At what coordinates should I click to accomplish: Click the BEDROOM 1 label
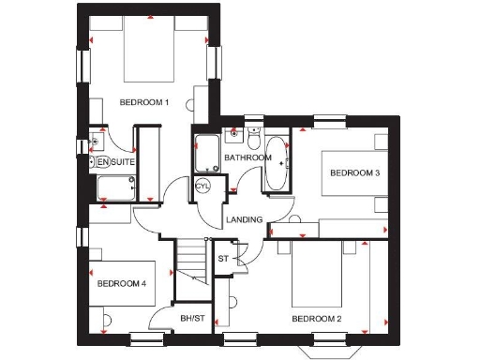tap(143, 102)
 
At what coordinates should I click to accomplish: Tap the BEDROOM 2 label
tap(316, 319)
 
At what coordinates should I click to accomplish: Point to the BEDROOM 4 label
tap(122, 283)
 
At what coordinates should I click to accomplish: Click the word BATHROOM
tap(247, 157)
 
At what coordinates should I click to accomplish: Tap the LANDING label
tap(243, 220)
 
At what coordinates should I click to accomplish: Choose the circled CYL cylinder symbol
tap(203, 186)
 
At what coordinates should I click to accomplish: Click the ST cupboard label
tap(223, 258)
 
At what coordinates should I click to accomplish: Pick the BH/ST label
tap(192, 319)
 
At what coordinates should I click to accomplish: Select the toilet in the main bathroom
tap(253, 138)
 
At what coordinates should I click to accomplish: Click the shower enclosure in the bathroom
tap(206, 152)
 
